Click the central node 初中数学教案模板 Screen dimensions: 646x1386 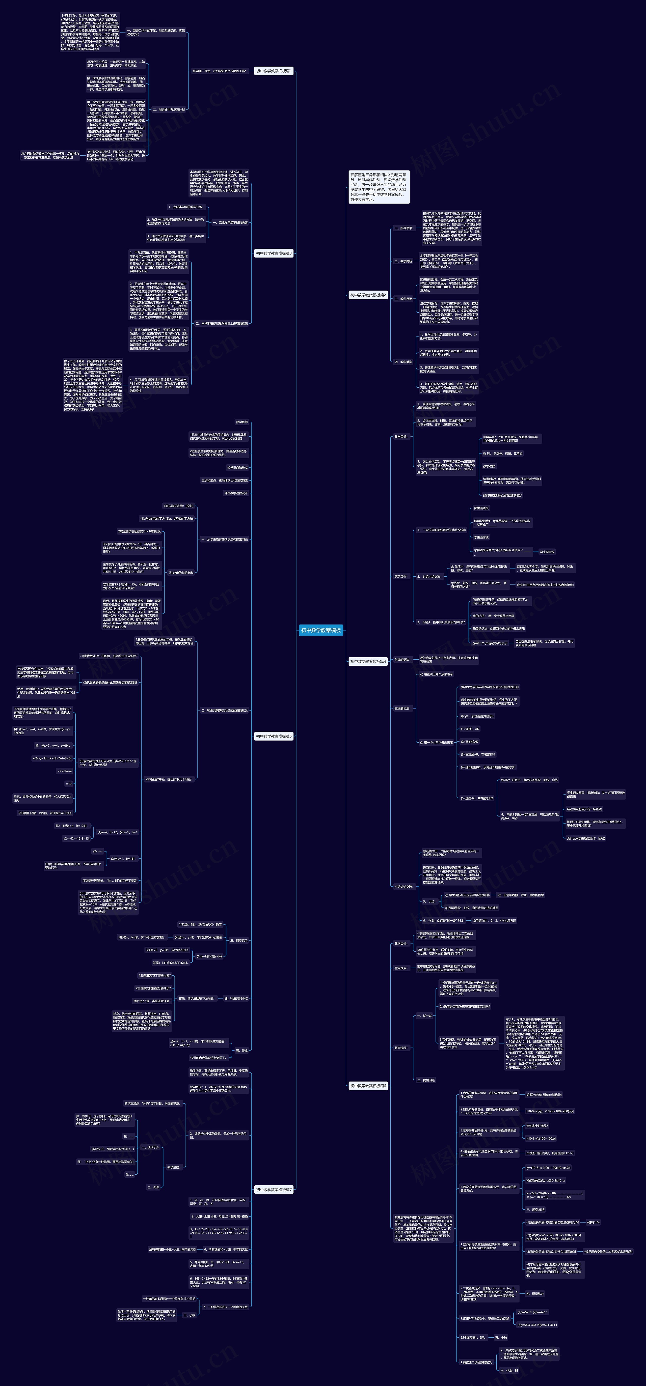pos(321,630)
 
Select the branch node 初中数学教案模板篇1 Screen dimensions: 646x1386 pos(274,71)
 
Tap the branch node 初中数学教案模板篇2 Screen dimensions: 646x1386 pos(368,295)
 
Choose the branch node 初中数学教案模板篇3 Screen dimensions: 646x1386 pos(274,253)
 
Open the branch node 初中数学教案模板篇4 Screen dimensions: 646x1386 pos(368,661)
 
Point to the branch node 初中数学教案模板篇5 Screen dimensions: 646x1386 pos(274,736)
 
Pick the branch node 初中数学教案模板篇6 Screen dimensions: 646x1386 pos(368,1086)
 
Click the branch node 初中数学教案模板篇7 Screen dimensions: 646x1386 pos(274,1190)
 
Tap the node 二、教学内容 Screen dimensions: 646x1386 pos(403,261)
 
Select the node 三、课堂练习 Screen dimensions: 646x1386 pos(238,941)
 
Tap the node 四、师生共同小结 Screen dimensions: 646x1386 pos(236,998)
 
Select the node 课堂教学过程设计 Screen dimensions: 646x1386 pos(236,493)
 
